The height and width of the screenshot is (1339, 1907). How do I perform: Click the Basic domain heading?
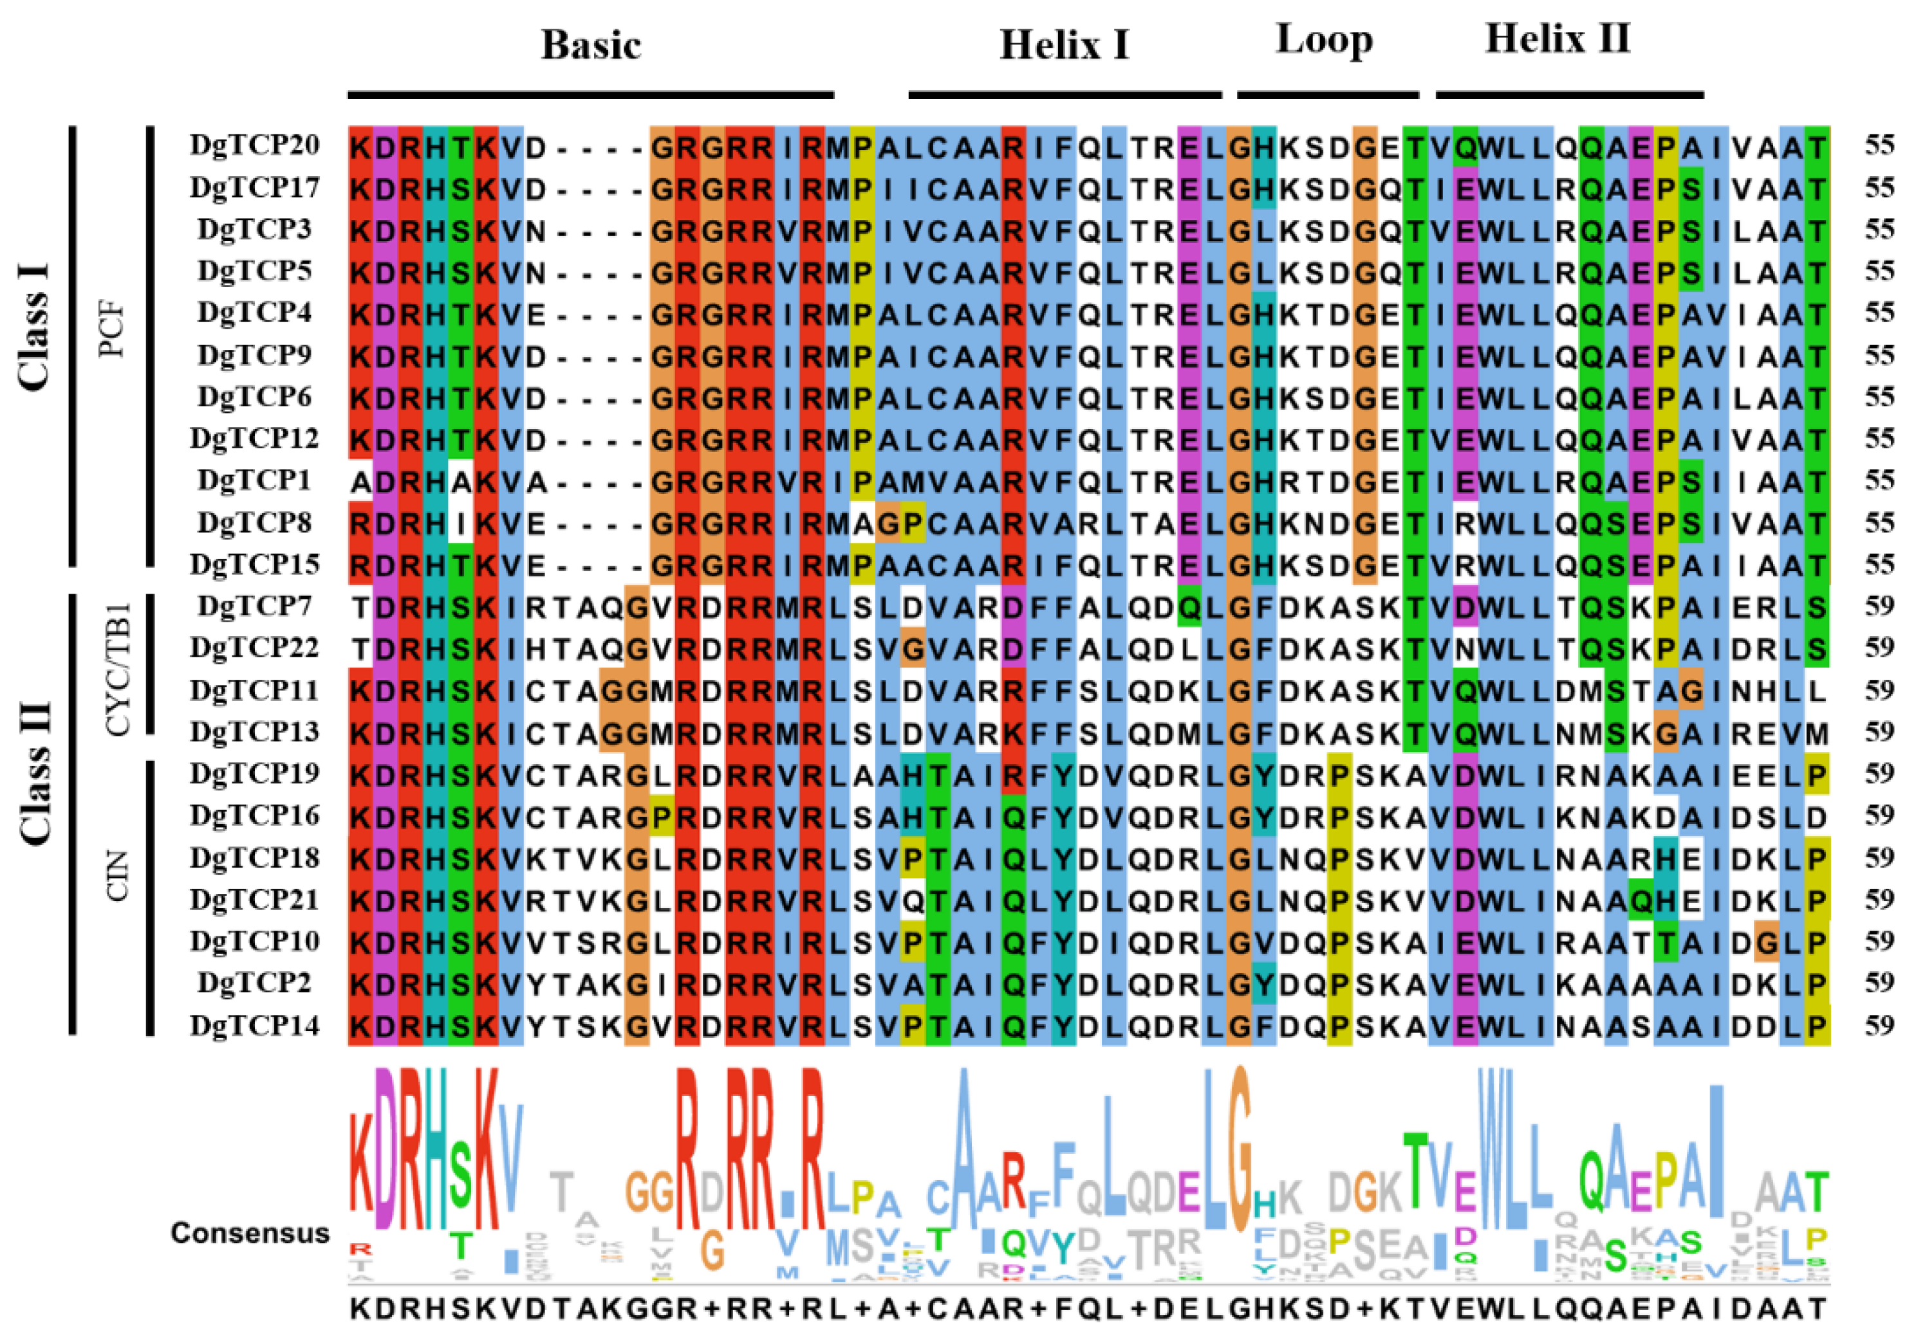pyautogui.click(x=591, y=45)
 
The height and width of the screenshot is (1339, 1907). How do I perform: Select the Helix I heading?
pyautogui.click(x=1064, y=45)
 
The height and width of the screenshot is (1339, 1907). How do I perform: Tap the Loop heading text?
pyautogui.click(x=1324, y=40)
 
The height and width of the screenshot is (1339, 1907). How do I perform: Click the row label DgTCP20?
pyautogui.click(x=254, y=145)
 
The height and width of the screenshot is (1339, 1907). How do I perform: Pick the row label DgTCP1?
pyautogui.click(x=254, y=480)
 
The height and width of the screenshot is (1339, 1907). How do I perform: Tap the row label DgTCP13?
pyautogui.click(x=254, y=732)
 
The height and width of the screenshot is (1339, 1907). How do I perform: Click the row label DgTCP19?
pyautogui.click(x=254, y=774)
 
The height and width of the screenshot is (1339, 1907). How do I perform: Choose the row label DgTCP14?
pyautogui.click(x=254, y=1026)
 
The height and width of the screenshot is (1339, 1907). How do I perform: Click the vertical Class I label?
pyautogui.click(x=34, y=326)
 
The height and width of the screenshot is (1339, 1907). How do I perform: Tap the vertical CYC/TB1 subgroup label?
pyautogui.click(x=118, y=669)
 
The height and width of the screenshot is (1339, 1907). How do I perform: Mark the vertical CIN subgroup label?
pyautogui.click(x=118, y=877)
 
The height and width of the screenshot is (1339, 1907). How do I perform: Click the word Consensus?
pyautogui.click(x=250, y=1234)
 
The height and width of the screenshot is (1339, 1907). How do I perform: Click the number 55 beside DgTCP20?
pyautogui.click(x=1879, y=145)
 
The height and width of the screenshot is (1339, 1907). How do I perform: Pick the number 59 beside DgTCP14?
pyautogui.click(x=1879, y=1026)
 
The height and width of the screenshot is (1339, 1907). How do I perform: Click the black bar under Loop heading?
pyautogui.click(x=1327, y=95)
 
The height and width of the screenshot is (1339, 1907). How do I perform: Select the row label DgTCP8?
pyautogui.click(x=254, y=523)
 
